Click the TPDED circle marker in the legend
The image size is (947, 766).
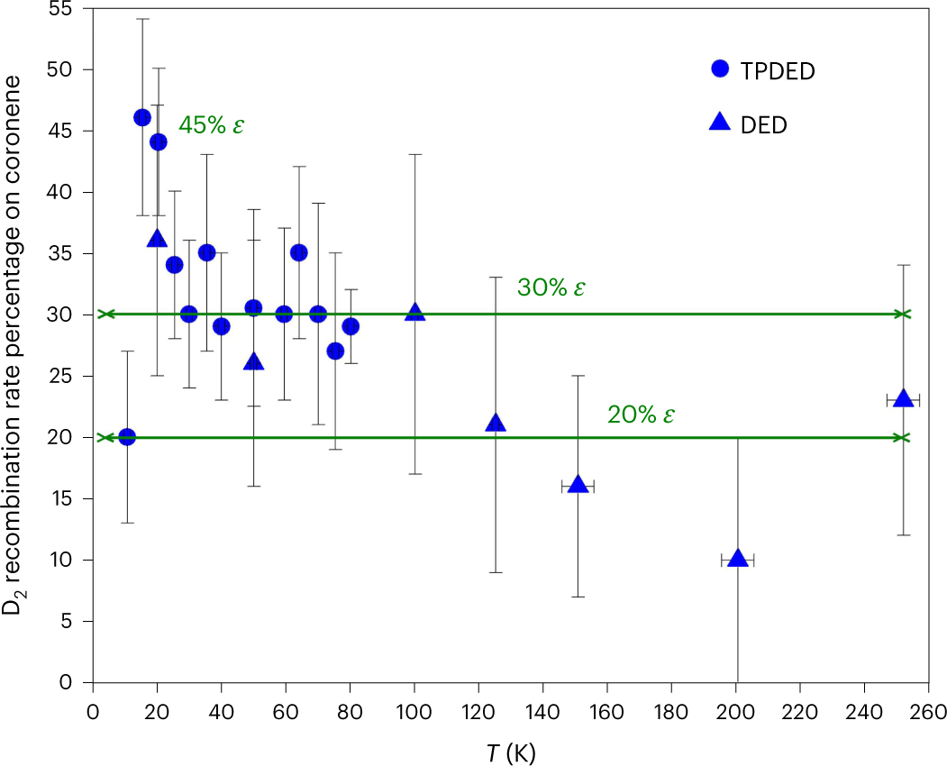(x=719, y=68)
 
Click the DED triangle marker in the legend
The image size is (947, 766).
(x=719, y=123)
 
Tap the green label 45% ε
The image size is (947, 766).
(x=212, y=125)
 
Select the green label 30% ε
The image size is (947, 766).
(x=551, y=288)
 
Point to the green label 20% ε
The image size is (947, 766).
(x=641, y=415)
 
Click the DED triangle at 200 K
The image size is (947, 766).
(x=737, y=559)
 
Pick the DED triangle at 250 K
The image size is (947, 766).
(x=903, y=398)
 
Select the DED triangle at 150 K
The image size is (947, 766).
(x=577, y=485)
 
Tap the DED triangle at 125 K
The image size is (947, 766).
(x=496, y=423)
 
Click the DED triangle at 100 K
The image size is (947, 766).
(x=414, y=312)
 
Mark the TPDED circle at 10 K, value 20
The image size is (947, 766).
(x=127, y=437)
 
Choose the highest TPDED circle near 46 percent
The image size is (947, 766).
(x=141, y=117)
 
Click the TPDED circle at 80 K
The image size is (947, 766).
(x=351, y=326)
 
